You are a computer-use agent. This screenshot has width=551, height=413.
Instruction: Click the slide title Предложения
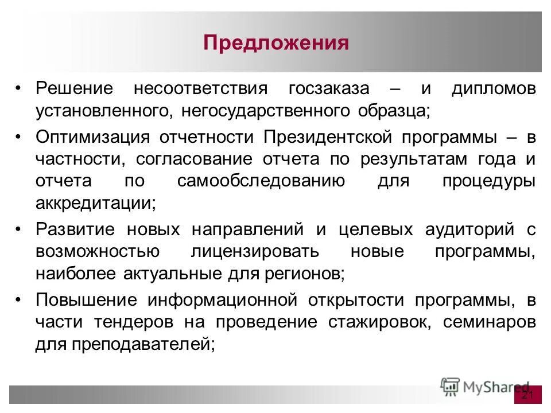coord(275,44)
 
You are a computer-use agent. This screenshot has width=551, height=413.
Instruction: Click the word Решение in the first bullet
coord(75,89)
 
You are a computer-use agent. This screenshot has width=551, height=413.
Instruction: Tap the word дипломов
coord(493,89)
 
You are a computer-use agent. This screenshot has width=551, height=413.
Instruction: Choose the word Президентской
coord(328,138)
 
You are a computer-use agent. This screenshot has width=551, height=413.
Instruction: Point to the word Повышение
coord(86,300)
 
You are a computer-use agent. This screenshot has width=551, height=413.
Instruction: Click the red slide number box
coord(527,395)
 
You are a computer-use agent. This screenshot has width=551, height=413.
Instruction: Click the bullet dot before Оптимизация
coord(19,138)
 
